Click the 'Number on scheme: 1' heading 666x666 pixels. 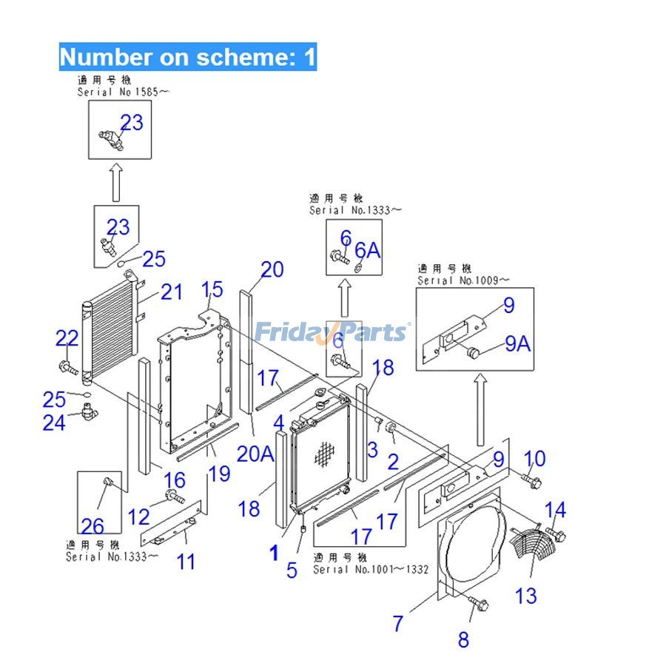188,56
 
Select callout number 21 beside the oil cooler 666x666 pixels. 171,292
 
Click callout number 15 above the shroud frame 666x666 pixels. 212,289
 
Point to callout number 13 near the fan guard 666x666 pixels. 525,595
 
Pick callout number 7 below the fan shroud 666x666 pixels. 398,624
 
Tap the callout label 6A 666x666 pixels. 368,250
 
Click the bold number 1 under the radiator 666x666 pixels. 274,552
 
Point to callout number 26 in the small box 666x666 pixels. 92,526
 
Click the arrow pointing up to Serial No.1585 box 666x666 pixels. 115,183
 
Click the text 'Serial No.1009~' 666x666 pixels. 463,280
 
